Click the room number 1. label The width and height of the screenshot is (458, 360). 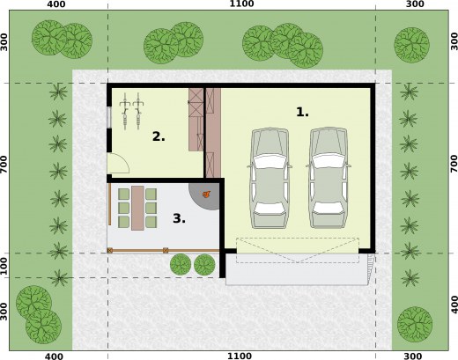pos(302,112)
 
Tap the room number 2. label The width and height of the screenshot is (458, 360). pos(159,136)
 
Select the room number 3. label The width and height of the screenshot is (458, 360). pos(179,218)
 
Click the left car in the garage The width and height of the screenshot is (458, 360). pos(270,178)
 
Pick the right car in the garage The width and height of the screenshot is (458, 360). pos(329,178)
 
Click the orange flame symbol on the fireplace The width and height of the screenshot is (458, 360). pos(207,194)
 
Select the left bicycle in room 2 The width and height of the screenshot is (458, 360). pos(125,111)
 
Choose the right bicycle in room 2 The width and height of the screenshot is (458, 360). pos(137,111)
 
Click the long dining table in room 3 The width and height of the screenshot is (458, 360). pos(137,208)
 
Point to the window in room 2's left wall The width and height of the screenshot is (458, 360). pos(109,117)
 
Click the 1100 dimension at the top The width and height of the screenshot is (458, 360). pos(241,4)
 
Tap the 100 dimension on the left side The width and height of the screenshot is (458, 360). pos(4,266)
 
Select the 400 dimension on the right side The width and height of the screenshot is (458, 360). pos(454,305)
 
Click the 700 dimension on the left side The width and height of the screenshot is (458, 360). pos(4,164)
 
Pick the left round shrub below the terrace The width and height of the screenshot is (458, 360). pos(181,264)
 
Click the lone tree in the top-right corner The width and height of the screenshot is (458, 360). pos(411,45)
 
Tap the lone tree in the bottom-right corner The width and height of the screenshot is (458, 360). pos(415,324)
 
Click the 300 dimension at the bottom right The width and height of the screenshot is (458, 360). pos(412,356)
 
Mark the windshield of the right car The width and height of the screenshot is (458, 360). pos(329,161)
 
